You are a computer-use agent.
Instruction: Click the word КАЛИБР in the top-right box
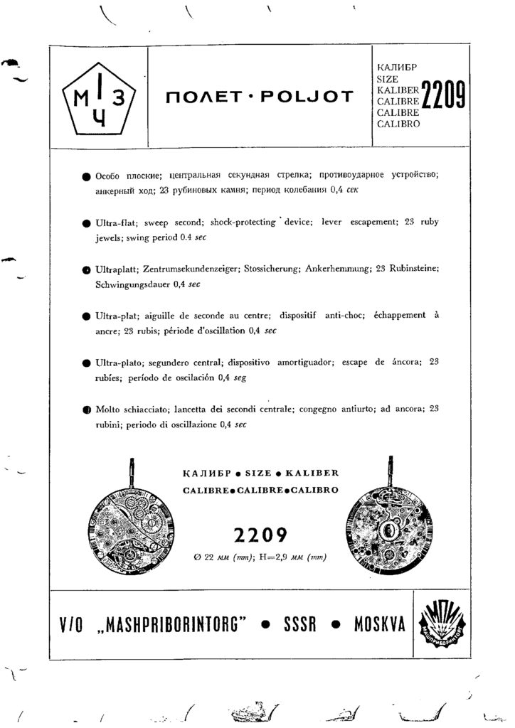click(395, 68)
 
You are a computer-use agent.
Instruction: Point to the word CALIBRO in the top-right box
click(397, 123)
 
